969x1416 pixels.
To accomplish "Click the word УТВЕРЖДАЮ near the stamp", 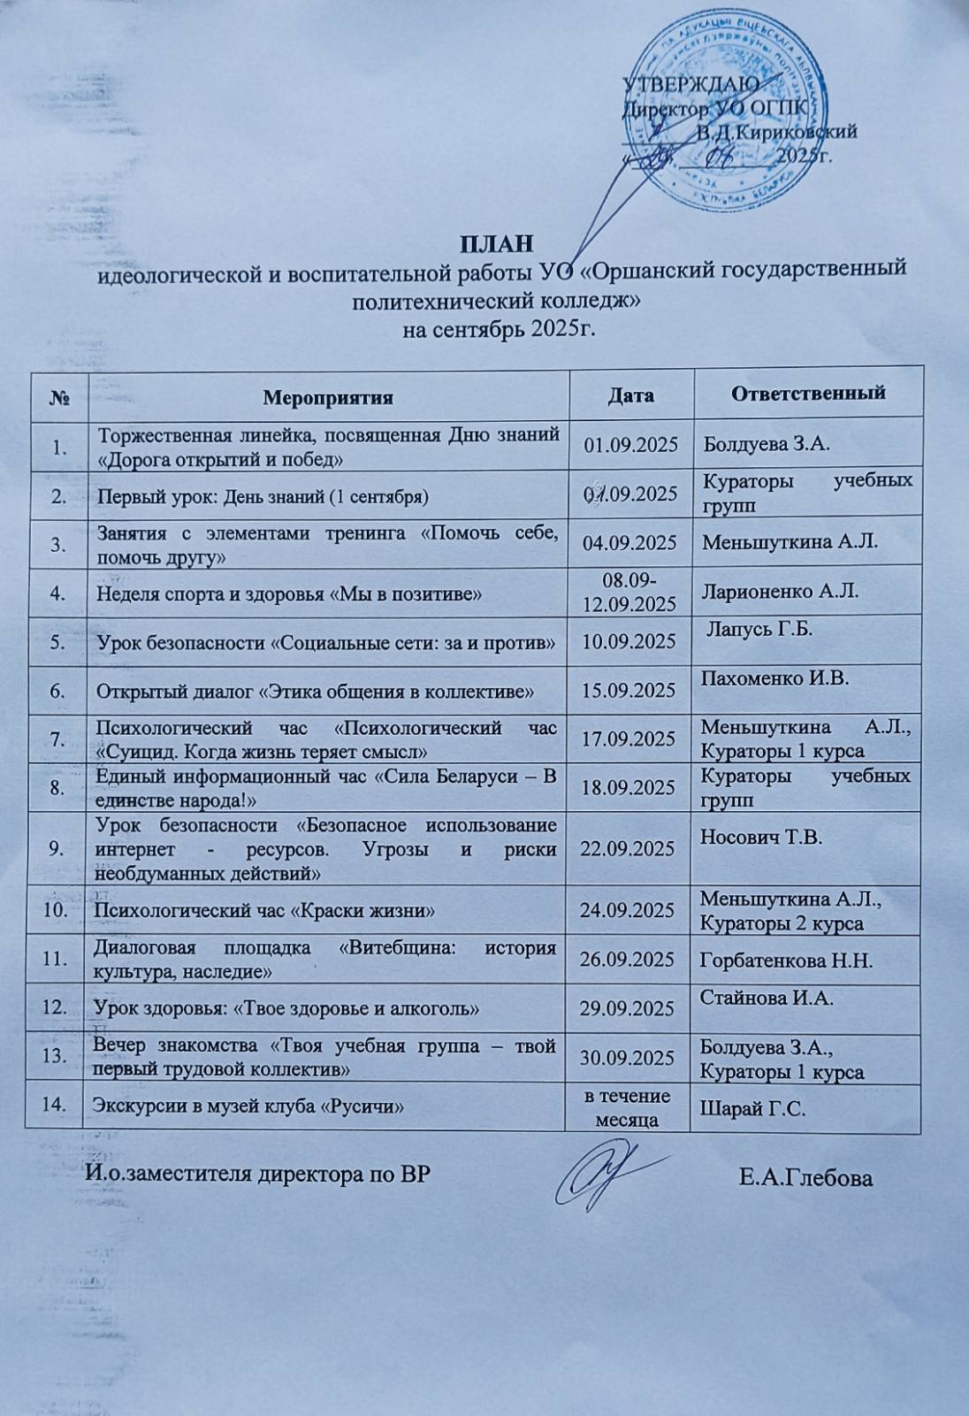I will (x=691, y=86).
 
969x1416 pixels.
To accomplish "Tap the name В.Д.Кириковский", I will (x=776, y=133).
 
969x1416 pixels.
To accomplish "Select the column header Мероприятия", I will (x=327, y=397).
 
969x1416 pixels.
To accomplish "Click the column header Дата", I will (x=630, y=394).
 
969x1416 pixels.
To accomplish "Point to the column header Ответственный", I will (x=808, y=392).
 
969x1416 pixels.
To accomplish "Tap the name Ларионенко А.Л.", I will (x=779, y=591).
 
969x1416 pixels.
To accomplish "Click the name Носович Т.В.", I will (x=761, y=837).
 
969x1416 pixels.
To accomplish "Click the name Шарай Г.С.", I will (x=752, y=1108).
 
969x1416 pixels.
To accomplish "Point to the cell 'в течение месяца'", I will (x=629, y=1107).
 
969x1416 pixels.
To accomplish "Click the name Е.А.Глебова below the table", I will (x=805, y=1178).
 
